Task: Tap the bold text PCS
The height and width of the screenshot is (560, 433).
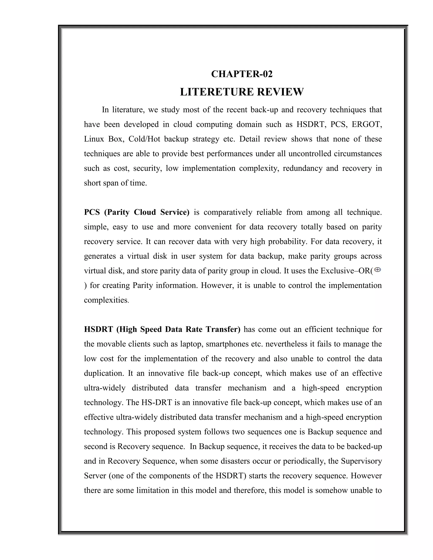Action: (x=92, y=212)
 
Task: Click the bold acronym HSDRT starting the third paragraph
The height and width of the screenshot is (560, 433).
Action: (x=98, y=329)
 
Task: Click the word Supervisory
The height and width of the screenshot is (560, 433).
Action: (x=361, y=461)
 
